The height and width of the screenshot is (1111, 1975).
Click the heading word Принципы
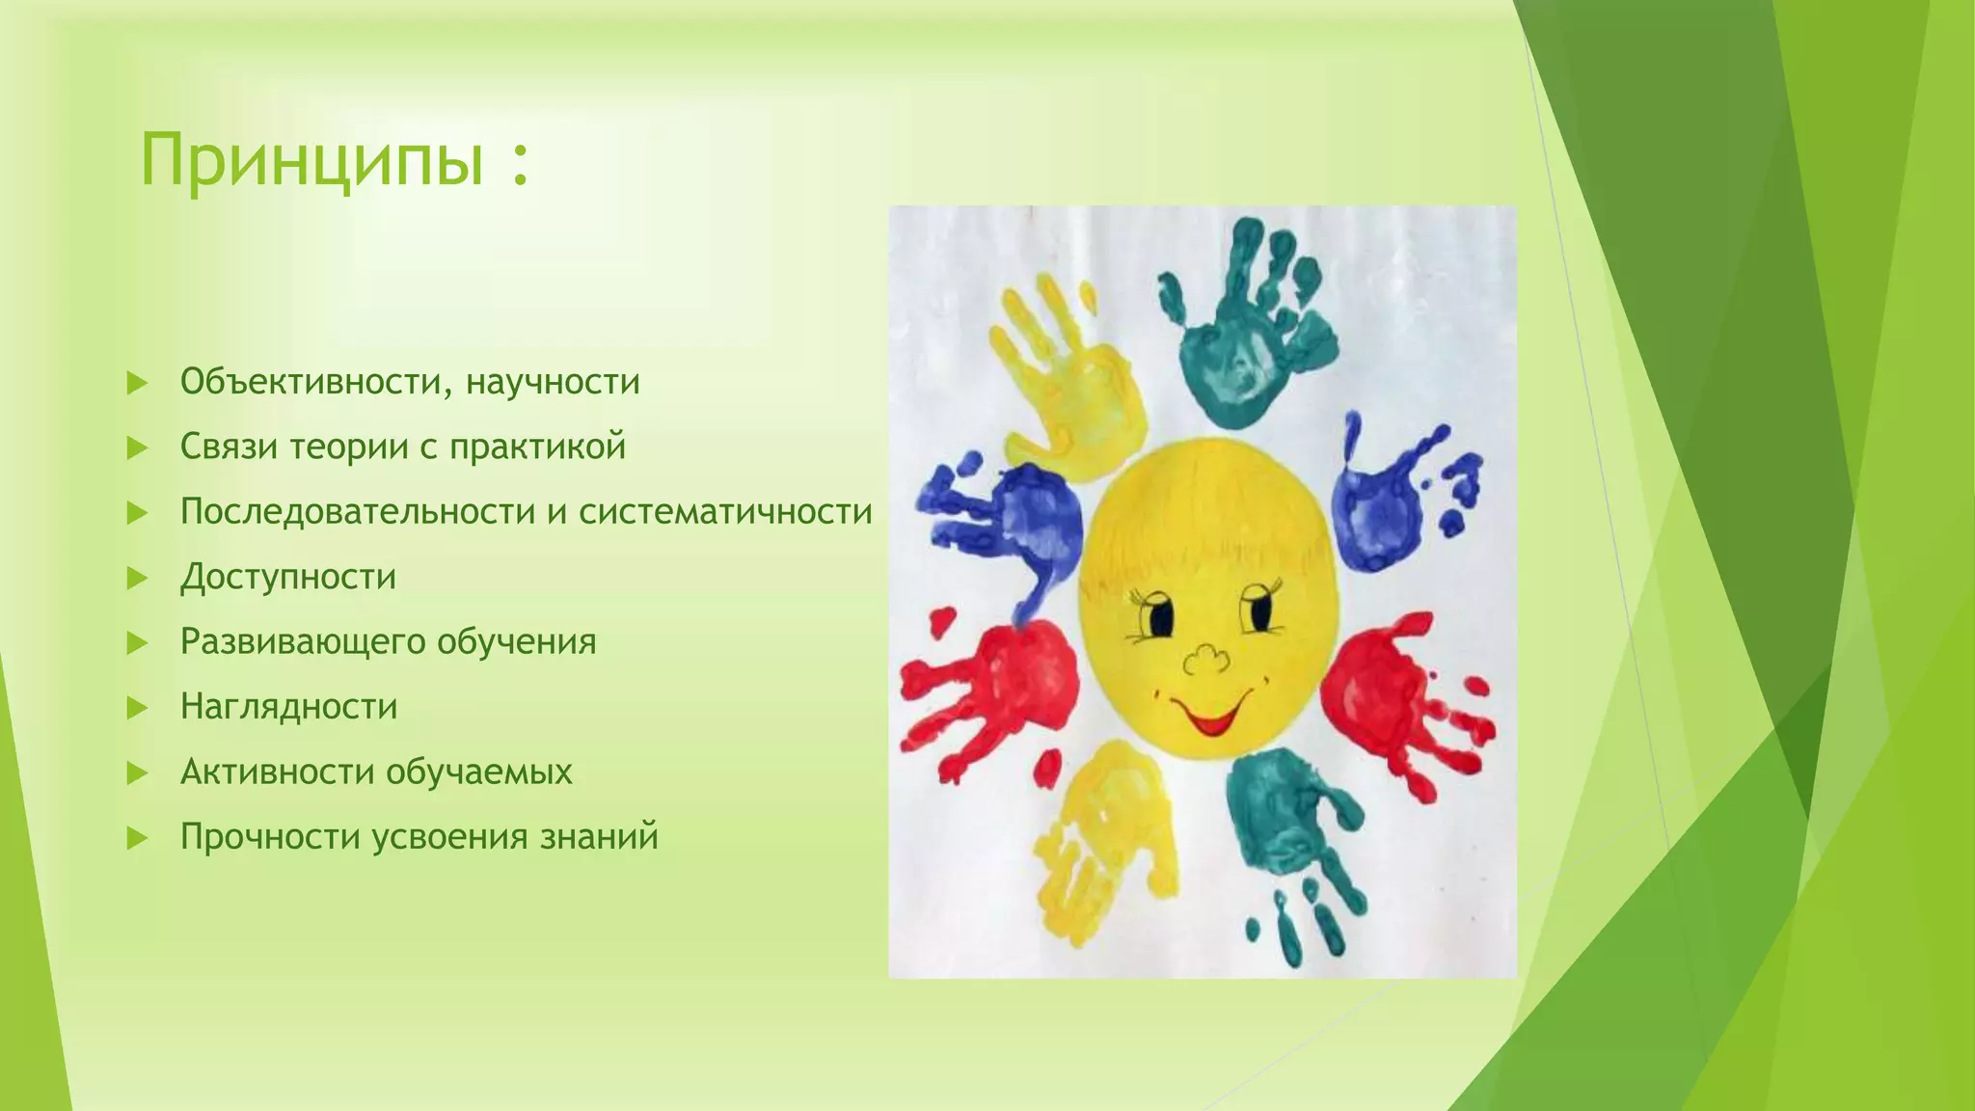(x=311, y=159)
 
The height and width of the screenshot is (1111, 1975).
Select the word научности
(x=553, y=382)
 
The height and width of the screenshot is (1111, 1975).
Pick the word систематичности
(x=725, y=511)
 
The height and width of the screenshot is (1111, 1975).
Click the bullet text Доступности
(x=288, y=577)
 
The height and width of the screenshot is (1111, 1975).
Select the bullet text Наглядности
(x=288, y=707)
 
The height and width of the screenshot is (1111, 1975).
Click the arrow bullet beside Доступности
(x=137, y=578)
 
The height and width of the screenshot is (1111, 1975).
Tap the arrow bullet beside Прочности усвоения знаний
(x=137, y=837)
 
